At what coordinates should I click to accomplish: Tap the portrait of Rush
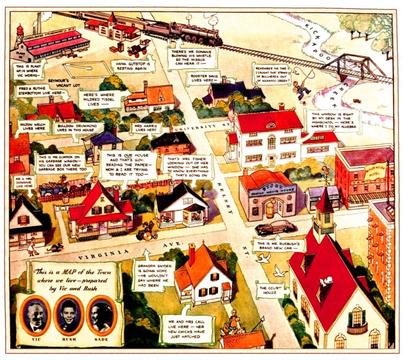(x=69, y=315)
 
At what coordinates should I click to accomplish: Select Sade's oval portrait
(x=102, y=315)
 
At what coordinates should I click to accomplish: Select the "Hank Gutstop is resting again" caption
(x=130, y=66)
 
